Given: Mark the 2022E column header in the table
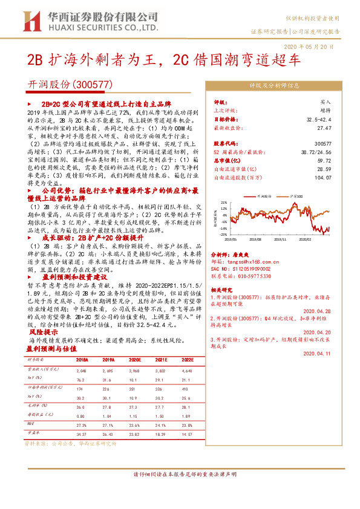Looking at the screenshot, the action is click(188, 358).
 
